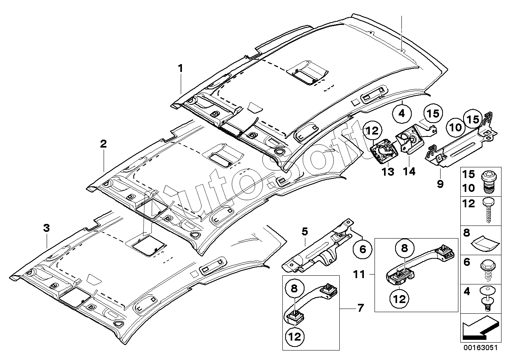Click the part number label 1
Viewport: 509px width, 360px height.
(180, 68)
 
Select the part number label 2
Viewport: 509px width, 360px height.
(103, 144)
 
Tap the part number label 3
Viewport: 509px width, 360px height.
(46, 228)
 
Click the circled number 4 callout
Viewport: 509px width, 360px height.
(402, 114)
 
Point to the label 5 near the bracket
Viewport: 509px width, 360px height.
(305, 231)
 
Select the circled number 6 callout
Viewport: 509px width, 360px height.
(362, 249)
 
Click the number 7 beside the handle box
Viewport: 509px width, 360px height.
(361, 308)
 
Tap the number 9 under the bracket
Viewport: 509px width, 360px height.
(440, 184)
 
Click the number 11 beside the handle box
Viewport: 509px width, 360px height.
(359, 275)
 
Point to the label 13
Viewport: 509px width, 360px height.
(388, 172)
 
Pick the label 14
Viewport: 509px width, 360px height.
(409, 171)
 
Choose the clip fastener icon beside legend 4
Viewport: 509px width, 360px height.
(488, 298)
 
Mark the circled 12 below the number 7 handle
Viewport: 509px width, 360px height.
(295, 337)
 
